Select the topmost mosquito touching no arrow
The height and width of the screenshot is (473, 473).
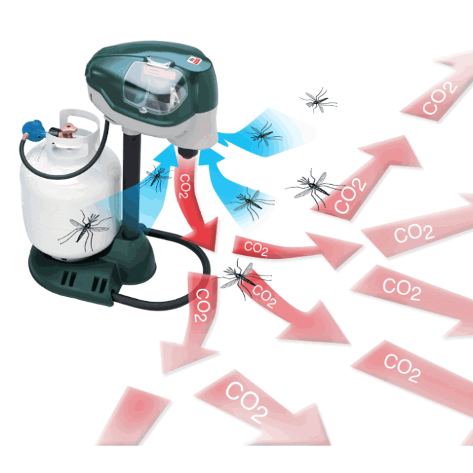coord(318,100)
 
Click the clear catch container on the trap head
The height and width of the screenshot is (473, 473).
coord(155,86)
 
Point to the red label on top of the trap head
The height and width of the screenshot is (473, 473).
coord(195,60)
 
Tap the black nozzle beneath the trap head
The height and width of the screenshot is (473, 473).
coord(187,152)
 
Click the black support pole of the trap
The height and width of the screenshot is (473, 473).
coord(131,181)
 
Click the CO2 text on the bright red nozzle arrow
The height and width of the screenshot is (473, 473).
coord(185,186)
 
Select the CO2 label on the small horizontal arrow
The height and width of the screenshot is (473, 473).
coord(256,248)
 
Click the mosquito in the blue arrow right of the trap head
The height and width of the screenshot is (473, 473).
coord(263,134)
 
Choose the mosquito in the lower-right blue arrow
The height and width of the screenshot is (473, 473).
coord(249,203)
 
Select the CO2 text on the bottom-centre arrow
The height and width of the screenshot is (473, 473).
coord(247,403)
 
